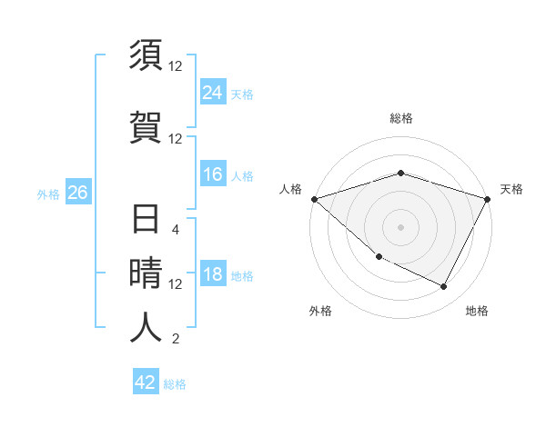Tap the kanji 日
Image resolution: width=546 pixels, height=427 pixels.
pos(147,221)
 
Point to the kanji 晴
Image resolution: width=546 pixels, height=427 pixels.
pos(147,274)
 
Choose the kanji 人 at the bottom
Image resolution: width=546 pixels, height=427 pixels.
pos(147,328)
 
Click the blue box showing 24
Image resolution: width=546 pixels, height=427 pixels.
pos(213,92)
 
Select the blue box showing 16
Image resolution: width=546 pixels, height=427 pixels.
pos(213,174)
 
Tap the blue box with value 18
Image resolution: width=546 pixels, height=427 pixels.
pos(213,275)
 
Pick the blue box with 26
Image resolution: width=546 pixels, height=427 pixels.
pos(78,193)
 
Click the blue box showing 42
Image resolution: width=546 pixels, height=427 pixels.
pos(146,382)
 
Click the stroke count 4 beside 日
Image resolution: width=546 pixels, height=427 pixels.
pos(176,230)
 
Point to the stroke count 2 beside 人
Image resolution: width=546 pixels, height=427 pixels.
pos(176,340)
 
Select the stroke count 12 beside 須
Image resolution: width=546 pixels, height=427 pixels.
pos(176,66)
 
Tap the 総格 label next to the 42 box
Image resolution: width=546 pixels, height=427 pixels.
pos(175,384)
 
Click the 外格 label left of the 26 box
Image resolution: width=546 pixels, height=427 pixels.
pos(48,194)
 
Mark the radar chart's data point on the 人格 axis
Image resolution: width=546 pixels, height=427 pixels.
pos(314,199)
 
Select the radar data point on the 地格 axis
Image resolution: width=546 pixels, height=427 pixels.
pos(444,287)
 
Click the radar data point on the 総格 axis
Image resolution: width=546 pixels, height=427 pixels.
pos(400,173)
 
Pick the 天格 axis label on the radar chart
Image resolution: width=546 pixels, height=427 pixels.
pos(511,189)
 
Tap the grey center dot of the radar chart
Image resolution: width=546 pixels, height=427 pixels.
pos(400,227)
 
